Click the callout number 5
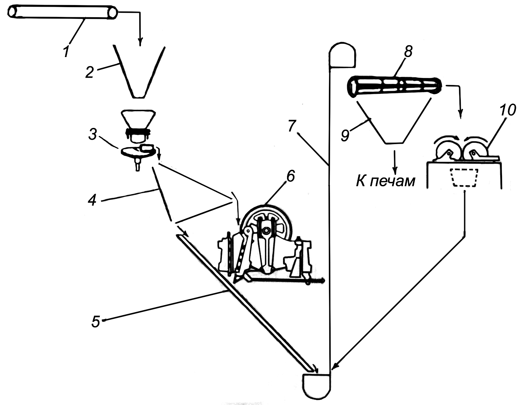[x=96, y=321]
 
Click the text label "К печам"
[x=385, y=181]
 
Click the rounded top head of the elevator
[x=342, y=54]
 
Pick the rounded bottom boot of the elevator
[x=316, y=385]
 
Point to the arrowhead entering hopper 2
[x=140, y=42]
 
